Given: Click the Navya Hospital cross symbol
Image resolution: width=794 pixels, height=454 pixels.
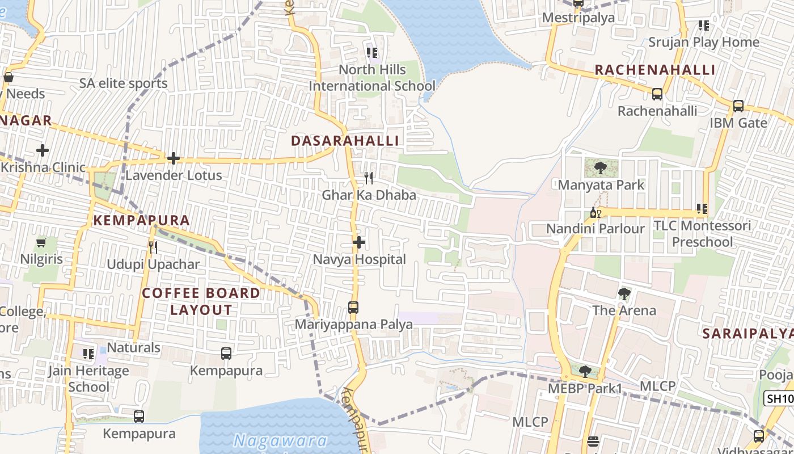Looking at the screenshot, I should tap(358, 242).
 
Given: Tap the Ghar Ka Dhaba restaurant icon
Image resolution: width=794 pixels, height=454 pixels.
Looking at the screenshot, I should tap(369, 178).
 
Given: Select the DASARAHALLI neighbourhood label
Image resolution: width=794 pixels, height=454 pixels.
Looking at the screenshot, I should tap(345, 141).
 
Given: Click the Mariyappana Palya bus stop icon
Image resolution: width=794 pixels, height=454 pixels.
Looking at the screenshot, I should tap(353, 308).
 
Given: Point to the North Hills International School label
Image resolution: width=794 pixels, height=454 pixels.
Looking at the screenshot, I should tap(372, 78).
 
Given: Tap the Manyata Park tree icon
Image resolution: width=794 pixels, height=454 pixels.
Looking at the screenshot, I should tap(601, 168).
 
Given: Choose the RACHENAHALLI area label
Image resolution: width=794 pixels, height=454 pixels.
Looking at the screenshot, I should tap(654, 70).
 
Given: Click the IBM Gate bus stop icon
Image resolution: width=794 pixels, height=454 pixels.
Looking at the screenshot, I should tap(738, 106).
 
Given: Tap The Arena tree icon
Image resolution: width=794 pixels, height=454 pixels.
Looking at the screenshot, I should tap(624, 293).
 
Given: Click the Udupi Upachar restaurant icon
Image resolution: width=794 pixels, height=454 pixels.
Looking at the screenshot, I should tap(153, 247).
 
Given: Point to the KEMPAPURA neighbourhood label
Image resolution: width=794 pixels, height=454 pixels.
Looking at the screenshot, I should tap(141, 220).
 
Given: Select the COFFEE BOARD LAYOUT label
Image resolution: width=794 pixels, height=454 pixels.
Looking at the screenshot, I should tap(201, 301).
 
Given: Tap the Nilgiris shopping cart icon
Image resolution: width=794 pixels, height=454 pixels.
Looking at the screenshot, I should tap(41, 243).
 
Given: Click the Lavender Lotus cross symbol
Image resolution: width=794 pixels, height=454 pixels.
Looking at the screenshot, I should tap(174, 158).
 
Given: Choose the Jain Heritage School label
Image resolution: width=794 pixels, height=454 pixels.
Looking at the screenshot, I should tap(88, 379).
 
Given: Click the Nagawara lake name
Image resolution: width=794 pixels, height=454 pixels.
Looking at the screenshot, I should tap(280, 440).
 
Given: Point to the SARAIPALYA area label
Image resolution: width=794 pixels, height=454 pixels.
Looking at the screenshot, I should tap(747, 334).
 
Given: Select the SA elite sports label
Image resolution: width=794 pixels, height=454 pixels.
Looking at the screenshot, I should tap(123, 83).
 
